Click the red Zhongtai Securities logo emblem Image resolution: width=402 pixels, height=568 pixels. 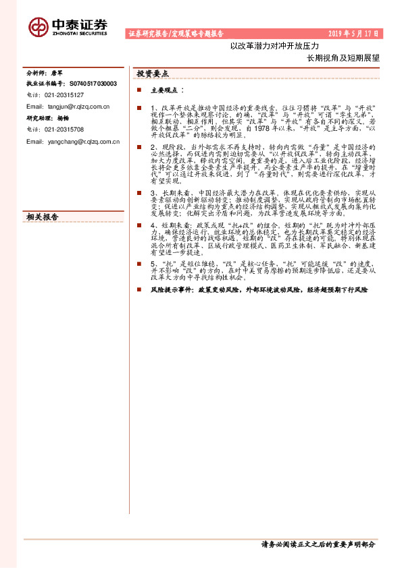pyautogui.click(x=38, y=26)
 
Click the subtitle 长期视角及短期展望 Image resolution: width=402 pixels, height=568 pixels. pyautogui.click(x=343, y=58)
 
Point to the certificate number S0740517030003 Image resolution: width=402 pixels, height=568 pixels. pyautogui.click(x=93, y=84)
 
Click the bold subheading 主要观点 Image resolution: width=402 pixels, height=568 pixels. pyautogui.click(x=166, y=90)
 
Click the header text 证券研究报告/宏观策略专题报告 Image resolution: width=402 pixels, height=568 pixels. pyautogui.click(x=176, y=33)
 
